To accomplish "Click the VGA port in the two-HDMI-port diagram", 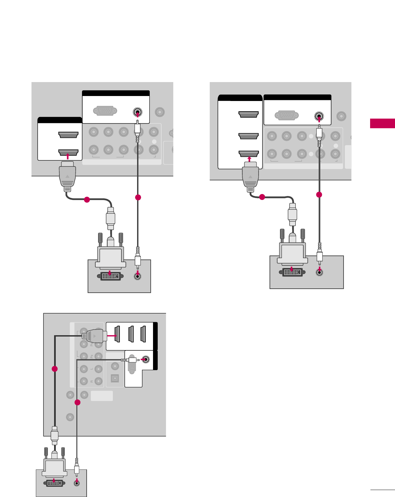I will (x=105, y=111).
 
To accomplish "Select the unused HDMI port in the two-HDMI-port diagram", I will (x=68, y=135).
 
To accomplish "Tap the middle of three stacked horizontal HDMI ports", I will (x=248, y=136).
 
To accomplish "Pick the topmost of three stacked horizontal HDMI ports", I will (x=248, y=115).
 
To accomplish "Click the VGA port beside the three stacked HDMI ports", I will (x=286, y=116).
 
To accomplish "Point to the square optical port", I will (x=115, y=378).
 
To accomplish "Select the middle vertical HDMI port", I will (x=131, y=334).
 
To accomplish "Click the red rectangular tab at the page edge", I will (x=382, y=123).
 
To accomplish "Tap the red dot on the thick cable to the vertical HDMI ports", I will (x=55, y=369).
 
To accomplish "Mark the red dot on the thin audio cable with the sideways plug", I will (x=77, y=403).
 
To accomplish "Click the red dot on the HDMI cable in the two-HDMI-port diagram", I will (x=87, y=200).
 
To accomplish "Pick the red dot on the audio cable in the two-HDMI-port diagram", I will (x=138, y=198).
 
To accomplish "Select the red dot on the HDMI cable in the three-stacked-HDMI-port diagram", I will (x=262, y=197).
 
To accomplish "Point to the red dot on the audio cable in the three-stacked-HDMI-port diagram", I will (x=319, y=195).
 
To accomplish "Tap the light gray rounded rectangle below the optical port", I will (x=102, y=396).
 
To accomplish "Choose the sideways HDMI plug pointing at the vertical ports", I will (x=95, y=336).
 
